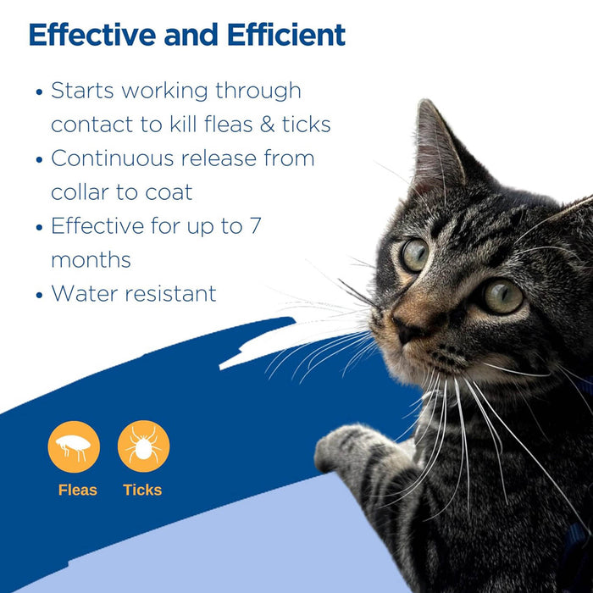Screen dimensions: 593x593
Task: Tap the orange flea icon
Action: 74,446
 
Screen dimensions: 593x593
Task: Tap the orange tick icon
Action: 143,446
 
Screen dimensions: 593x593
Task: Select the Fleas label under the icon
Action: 78,490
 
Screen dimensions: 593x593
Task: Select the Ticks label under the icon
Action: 142,490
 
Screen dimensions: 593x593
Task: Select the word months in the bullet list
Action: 90,260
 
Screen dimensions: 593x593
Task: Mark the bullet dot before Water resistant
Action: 39,295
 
